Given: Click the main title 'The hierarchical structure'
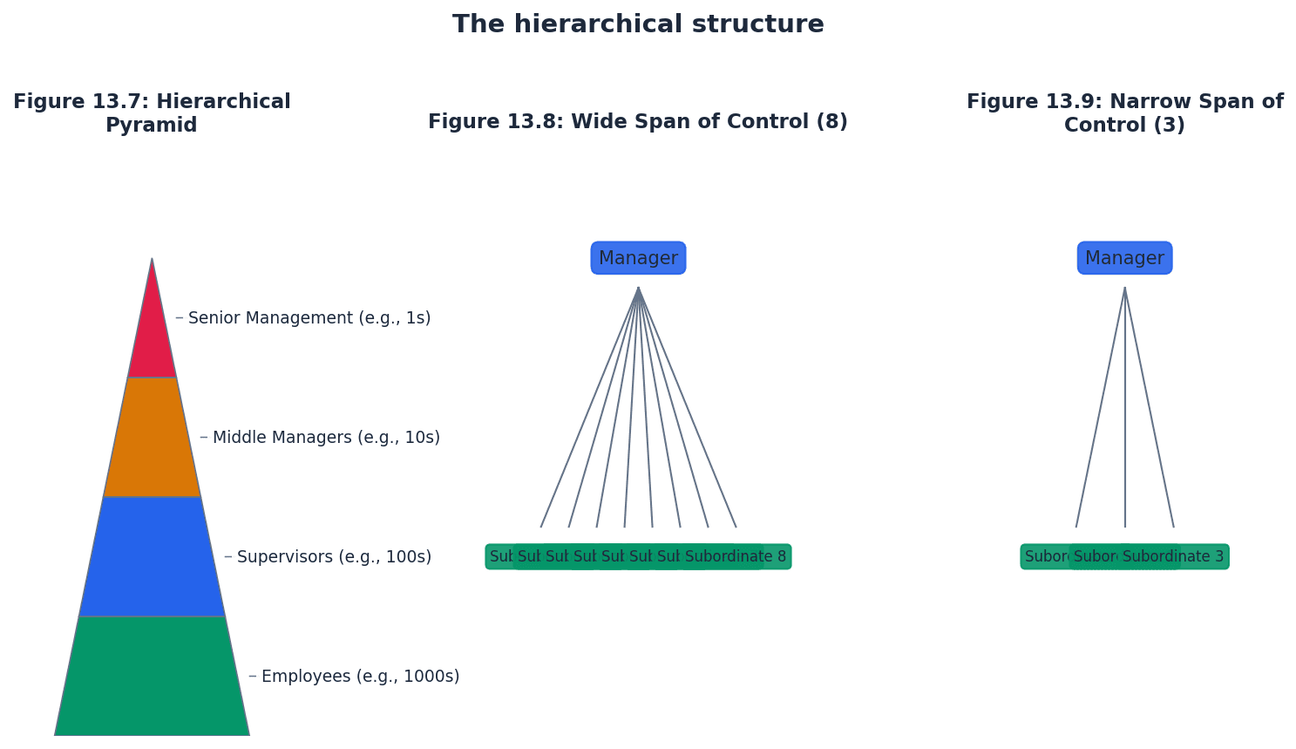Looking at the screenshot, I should pos(638,24).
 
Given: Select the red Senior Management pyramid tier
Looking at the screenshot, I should pos(152,340).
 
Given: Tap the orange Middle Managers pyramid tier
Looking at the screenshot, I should pos(152,437).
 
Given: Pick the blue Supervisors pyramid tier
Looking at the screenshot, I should pos(152,556).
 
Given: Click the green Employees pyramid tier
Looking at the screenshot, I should pos(152,676).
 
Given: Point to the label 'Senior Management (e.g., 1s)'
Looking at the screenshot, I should pos(309,318).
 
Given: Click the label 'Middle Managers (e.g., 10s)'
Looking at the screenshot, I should pos(326,438).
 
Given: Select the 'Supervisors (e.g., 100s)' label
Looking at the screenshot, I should pos(334,557).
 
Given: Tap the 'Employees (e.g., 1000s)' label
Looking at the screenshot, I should pos(360,677).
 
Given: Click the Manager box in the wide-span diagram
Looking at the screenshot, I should pos(638,258).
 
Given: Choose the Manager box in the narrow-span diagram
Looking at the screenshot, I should pos(1124,258).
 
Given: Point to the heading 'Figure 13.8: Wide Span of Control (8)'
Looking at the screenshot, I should pos(638,122).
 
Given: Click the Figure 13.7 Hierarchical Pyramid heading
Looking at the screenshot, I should pos(152,113).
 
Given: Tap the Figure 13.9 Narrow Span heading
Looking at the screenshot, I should pos(1124,113).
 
